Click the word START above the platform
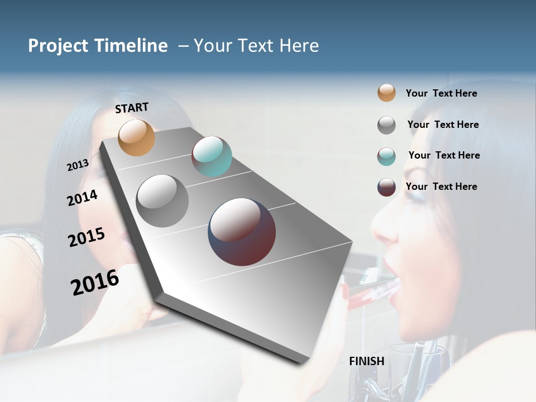click(x=132, y=108)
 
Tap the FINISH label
click(x=366, y=361)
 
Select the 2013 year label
click(x=78, y=165)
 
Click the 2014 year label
click(x=82, y=198)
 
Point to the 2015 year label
click(x=86, y=237)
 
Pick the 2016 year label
click(x=95, y=283)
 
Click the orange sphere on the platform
click(x=137, y=137)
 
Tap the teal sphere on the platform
click(x=212, y=156)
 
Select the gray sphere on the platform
click(x=162, y=201)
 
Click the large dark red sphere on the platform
click(x=242, y=232)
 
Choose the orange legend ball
click(x=386, y=93)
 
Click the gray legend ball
click(x=386, y=125)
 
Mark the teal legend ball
click(x=386, y=156)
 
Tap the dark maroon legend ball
click(x=386, y=187)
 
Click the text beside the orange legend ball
click(x=441, y=93)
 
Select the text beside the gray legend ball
click(x=443, y=125)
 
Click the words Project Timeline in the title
click(x=98, y=46)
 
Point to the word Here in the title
click(x=299, y=46)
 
